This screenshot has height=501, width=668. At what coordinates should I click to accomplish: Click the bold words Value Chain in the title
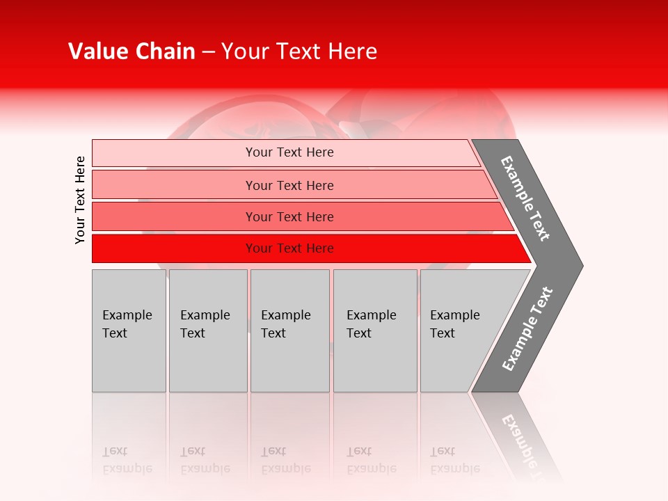tap(132, 51)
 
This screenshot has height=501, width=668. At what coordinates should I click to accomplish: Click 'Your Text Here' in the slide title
tap(299, 51)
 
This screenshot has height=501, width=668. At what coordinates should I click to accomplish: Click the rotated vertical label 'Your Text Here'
tap(80, 200)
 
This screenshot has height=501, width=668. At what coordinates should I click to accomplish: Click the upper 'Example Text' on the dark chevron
tap(525, 199)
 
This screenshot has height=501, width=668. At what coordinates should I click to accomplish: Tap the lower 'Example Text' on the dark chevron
tap(527, 329)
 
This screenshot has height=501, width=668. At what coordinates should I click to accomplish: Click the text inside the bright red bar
tap(289, 248)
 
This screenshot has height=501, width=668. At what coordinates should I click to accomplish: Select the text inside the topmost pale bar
tap(289, 152)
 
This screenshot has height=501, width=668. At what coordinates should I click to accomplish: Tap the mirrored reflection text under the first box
tap(127, 460)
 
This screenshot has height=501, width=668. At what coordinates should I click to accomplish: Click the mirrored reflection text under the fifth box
tap(454, 460)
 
